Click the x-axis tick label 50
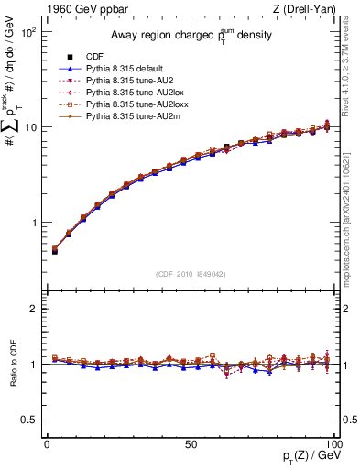point(190,442)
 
